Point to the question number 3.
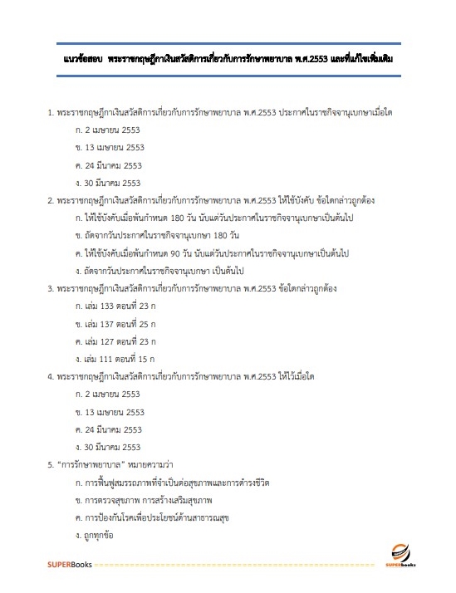tap(51, 287)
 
